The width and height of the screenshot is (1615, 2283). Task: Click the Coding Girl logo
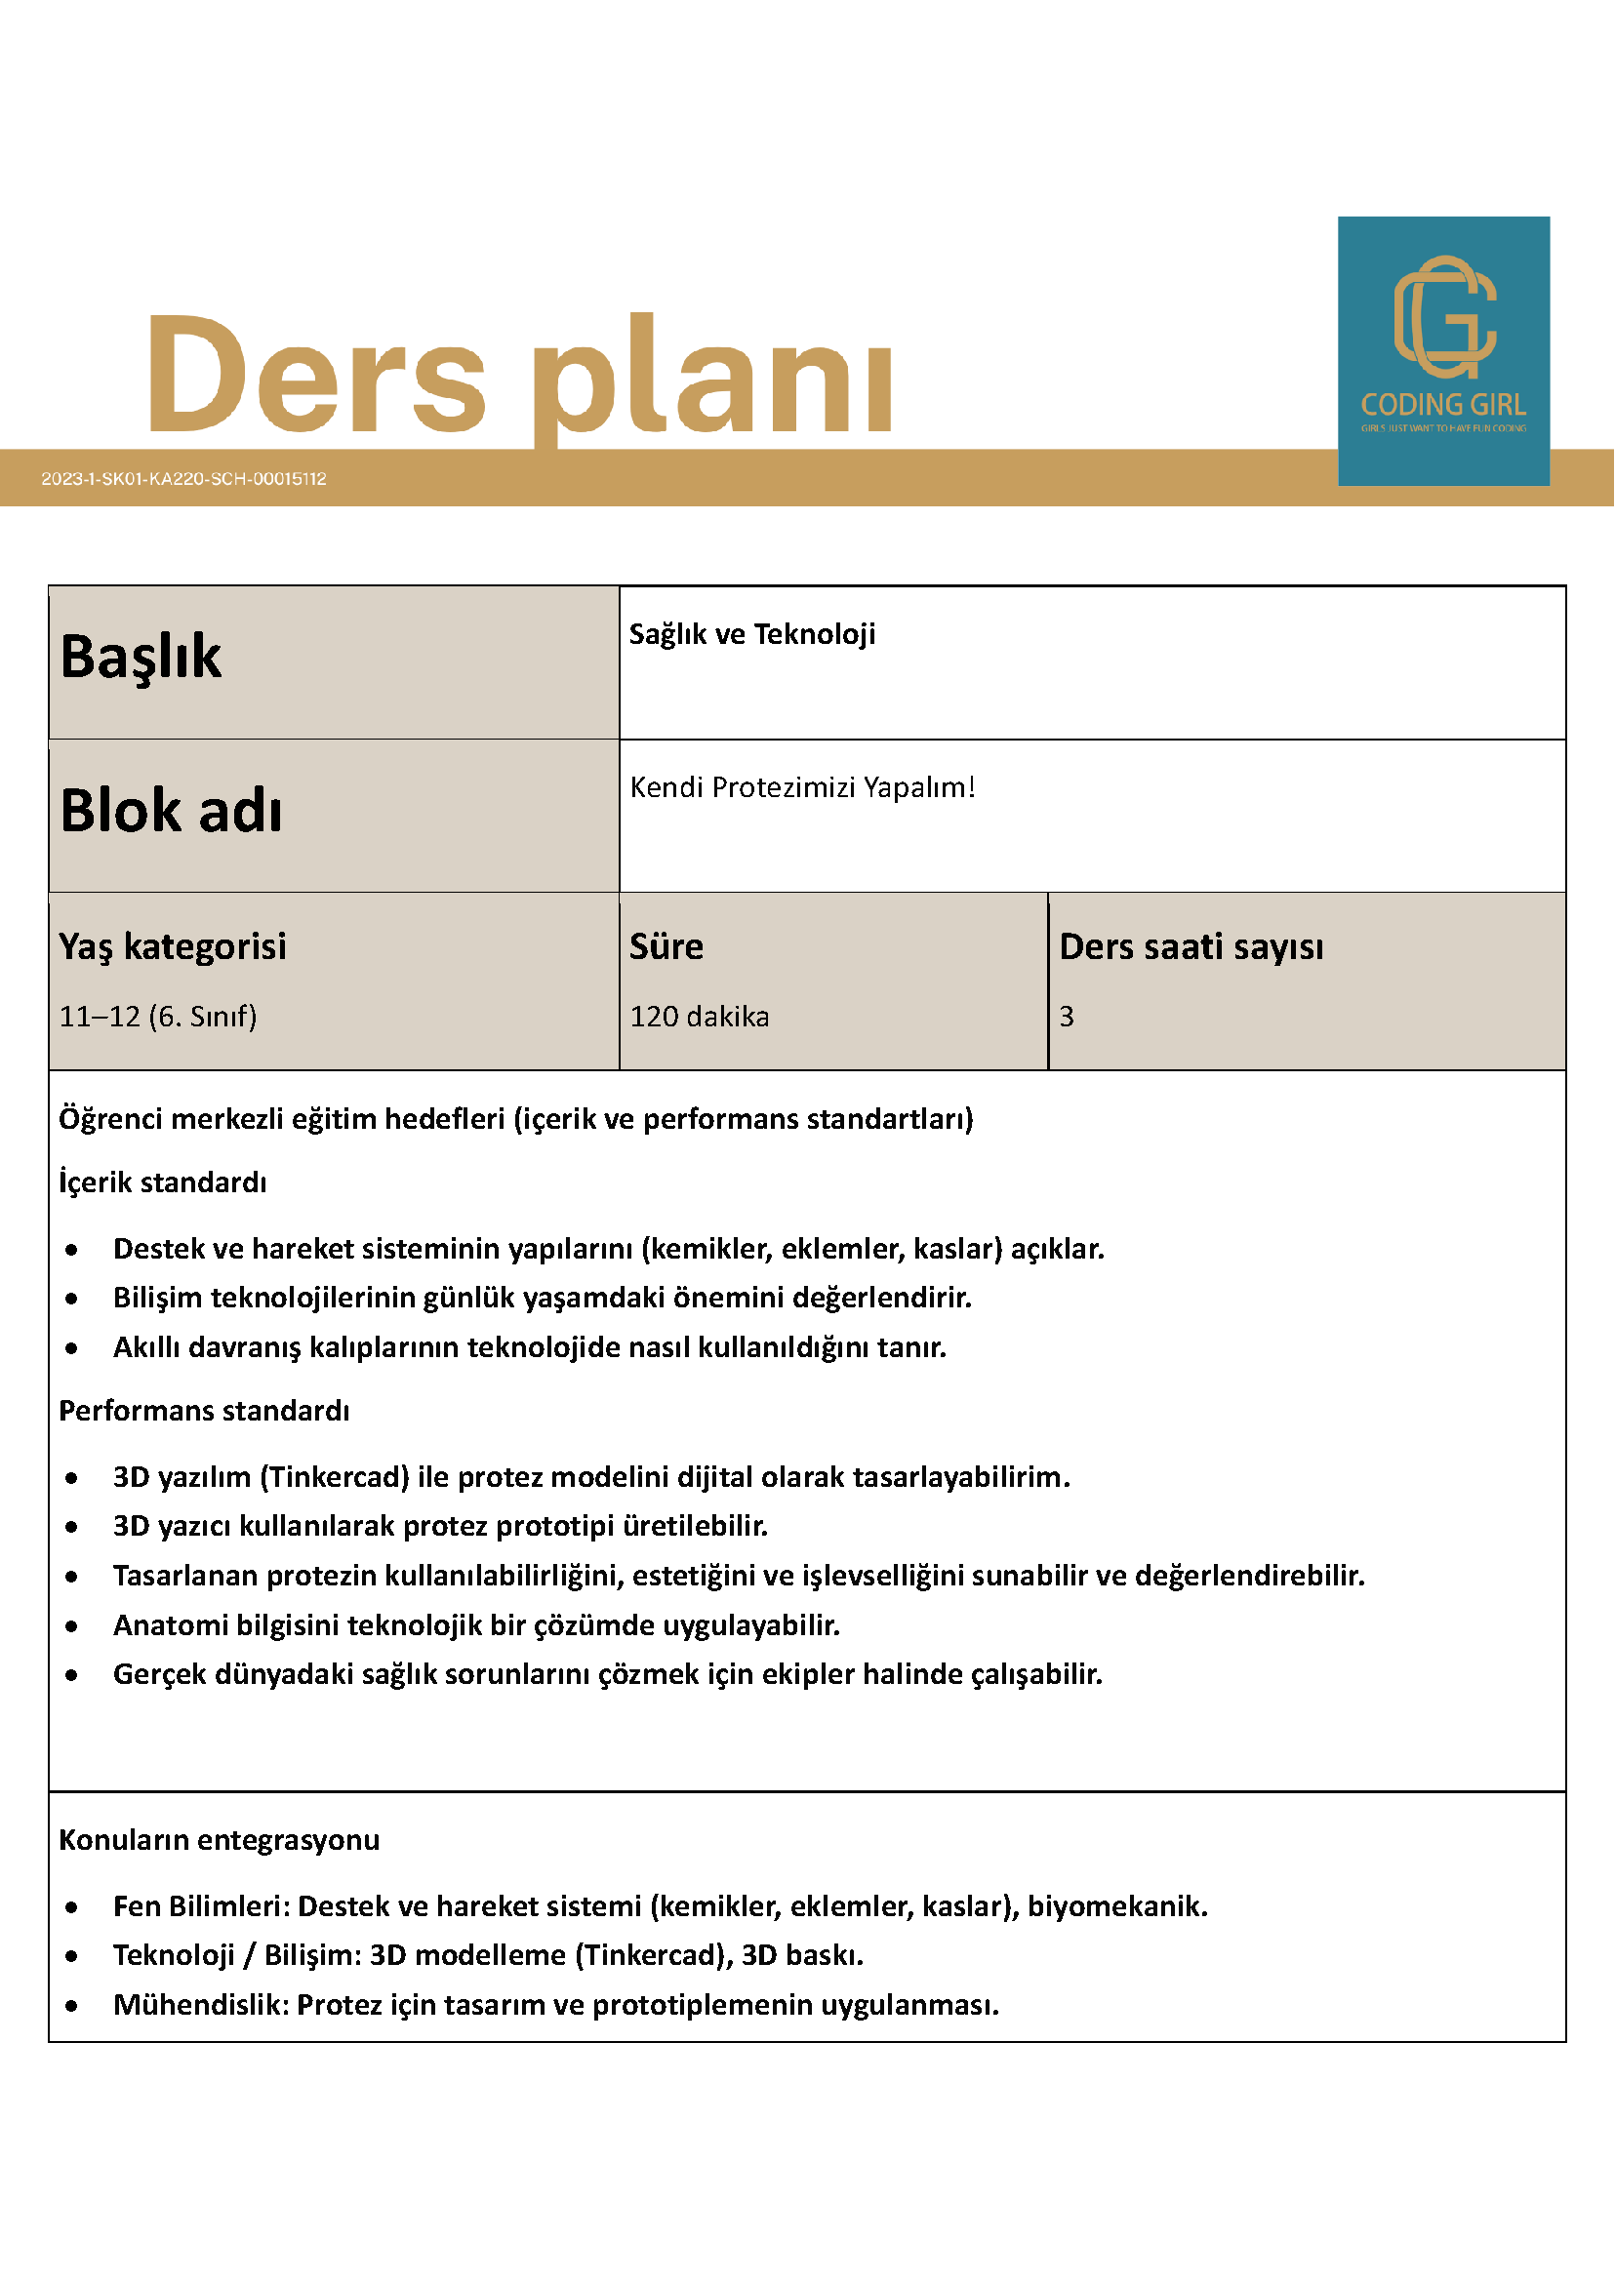coord(1443,350)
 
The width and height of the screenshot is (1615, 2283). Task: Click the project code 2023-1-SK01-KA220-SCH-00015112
coord(184,478)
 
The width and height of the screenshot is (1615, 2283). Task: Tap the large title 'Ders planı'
coord(520,375)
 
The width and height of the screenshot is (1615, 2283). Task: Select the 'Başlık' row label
coord(141,657)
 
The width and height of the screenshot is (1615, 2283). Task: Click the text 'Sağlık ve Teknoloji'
coord(751,634)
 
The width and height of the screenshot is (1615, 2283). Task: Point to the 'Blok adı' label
coord(171,811)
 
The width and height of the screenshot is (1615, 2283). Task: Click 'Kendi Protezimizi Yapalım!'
coord(801,787)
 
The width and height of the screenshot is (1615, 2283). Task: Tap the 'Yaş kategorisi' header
coord(172,946)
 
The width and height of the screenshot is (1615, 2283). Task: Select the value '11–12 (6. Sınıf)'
coord(158,1017)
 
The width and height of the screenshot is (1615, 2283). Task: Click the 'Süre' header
coord(666,946)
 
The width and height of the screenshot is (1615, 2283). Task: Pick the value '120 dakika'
coord(699,1017)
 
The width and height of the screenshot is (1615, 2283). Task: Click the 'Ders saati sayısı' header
coord(1191,946)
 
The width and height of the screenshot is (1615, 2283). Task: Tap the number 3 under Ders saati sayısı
coord(1066,1017)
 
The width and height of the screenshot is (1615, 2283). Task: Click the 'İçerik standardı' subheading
coord(163,1182)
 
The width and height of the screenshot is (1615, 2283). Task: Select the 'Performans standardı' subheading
coord(204,1411)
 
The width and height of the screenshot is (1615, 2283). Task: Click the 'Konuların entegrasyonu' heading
coord(219,1840)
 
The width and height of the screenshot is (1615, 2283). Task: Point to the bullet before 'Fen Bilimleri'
coord(71,1907)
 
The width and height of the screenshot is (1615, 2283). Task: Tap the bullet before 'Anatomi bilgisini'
coord(71,1626)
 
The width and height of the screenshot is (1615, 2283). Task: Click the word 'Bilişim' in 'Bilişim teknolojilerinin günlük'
coord(157,1298)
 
